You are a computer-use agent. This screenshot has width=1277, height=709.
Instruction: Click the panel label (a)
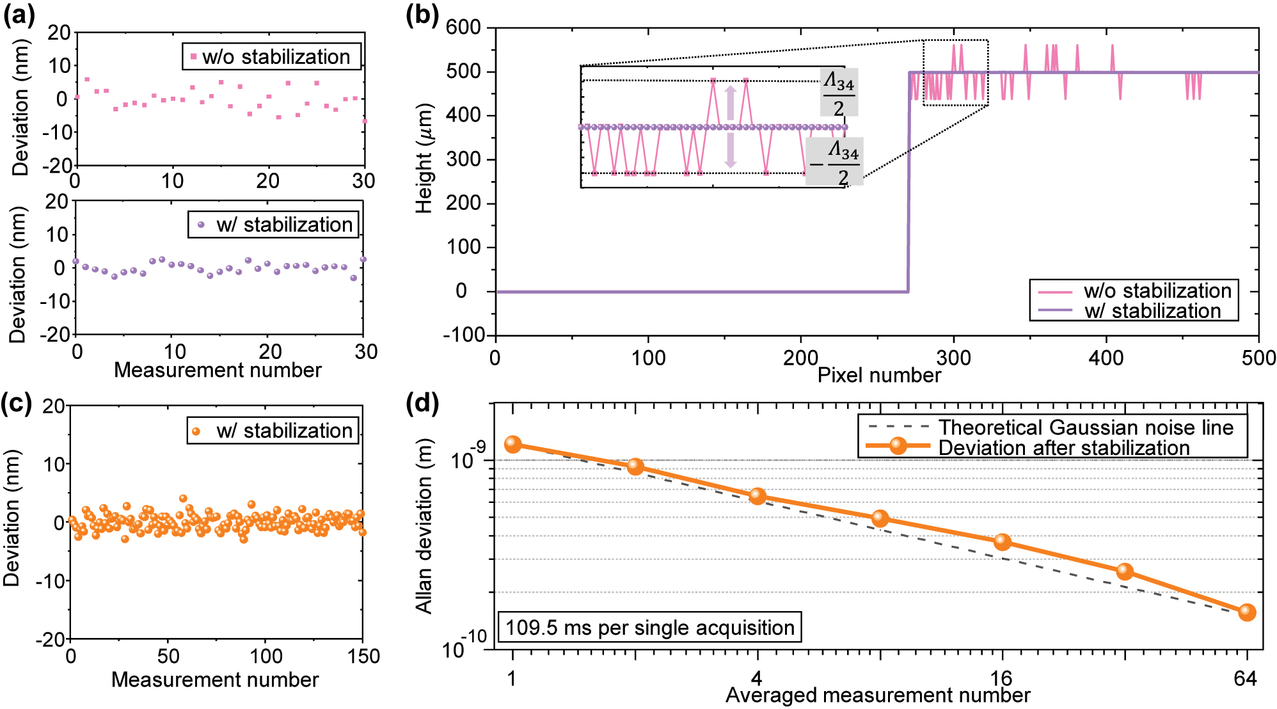point(19,14)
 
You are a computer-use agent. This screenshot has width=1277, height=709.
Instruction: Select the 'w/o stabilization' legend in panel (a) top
point(272,56)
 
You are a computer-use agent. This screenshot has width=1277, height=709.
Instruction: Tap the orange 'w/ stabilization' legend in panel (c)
point(273,430)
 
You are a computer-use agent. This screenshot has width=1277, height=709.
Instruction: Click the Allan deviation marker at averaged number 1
point(512,444)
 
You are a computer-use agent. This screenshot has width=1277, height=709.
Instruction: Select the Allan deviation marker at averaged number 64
point(1246,612)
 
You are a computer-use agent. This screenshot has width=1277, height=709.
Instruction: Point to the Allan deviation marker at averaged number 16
point(1002,542)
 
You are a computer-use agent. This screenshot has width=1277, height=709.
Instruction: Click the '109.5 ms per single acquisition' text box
point(649,627)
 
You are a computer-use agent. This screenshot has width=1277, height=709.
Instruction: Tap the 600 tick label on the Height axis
point(463,28)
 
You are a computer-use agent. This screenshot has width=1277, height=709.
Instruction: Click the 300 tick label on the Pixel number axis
point(953,358)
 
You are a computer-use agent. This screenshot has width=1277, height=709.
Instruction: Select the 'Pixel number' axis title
point(879,375)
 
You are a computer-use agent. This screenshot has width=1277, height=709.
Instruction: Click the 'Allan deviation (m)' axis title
point(424,526)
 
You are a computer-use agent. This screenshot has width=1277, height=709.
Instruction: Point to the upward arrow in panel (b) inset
point(730,102)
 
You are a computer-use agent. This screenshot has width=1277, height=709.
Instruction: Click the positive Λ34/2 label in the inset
point(839,93)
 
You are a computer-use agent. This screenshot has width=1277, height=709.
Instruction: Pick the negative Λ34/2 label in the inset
point(835,162)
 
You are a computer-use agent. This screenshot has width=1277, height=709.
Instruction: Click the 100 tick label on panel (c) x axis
point(266,656)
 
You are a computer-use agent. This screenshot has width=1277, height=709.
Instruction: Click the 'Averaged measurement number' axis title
point(878,695)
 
